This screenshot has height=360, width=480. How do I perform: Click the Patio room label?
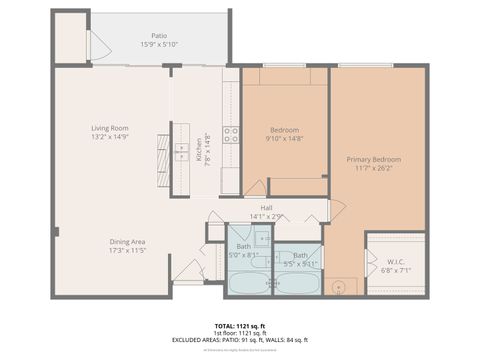pyautogui.click(x=160, y=35)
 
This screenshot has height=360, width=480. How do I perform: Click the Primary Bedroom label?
pyautogui.click(x=374, y=160)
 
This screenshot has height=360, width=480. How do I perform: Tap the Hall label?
pyautogui.click(x=267, y=207)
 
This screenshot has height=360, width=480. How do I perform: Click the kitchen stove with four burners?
pyautogui.click(x=231, y=135)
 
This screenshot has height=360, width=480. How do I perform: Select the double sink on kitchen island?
pyautogui.click(x=182, y=151)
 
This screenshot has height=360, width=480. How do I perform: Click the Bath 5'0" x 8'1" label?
pyautogui.click(x=243, y=246)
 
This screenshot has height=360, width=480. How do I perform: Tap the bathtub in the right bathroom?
pyautogui.click(x=297, y=283)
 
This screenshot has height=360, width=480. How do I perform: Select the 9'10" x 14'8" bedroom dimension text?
pyautogui.click(x=285, y=138)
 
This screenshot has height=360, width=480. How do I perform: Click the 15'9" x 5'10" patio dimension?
pyautogui.click(x=160, y=44)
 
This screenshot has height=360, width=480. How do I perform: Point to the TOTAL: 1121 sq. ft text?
pyautogui.click(x=240, y=326)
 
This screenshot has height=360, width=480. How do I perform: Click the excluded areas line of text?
pyautogui.click(x=240, y=340)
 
